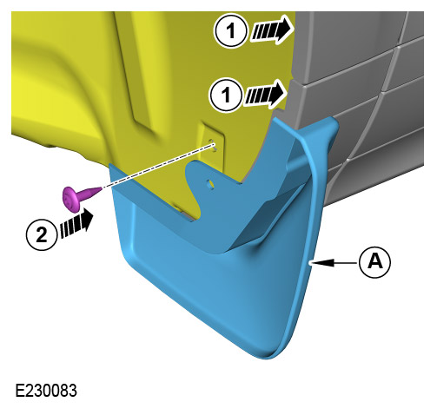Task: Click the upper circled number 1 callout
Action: [229, 33]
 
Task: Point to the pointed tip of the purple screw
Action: [98, 190]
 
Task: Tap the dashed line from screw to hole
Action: [156, 168]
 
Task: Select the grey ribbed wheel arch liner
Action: [365, 104]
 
